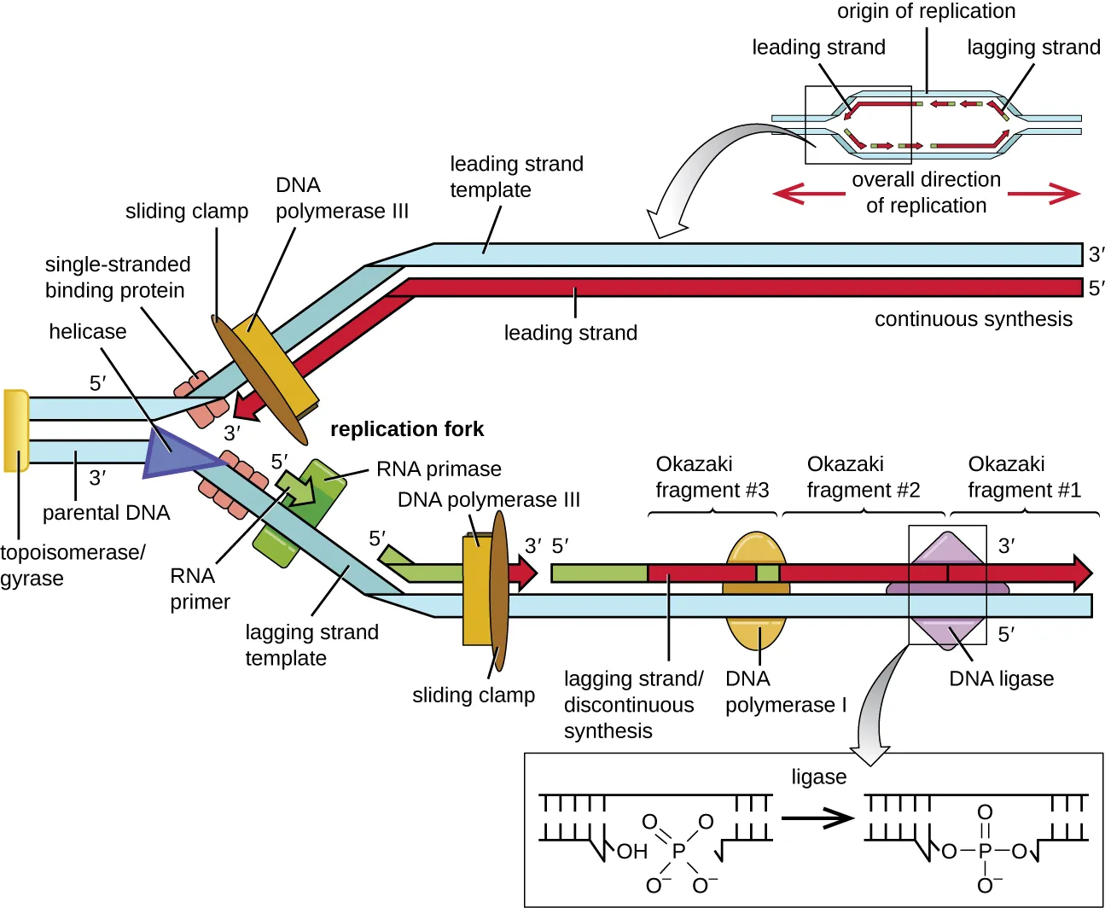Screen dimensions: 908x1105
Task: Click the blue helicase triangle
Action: pos(175,452)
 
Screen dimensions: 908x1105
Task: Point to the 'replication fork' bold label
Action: pos(407,429)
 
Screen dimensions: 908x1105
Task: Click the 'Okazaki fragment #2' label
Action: pos(863,477)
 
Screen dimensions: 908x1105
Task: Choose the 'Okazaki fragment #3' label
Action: pos(712,477)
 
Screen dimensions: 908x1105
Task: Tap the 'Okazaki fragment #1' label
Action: pos(1023,477)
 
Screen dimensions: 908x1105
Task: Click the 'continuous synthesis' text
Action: pos(973,319)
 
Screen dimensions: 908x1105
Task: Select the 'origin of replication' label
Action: pos(926,12)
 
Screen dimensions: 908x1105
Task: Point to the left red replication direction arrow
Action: pos(807,194)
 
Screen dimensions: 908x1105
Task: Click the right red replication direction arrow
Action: pos(1044,194)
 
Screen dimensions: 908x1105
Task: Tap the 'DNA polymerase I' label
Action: pos(785,692)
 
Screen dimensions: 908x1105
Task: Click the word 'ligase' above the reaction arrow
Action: pos(818,777)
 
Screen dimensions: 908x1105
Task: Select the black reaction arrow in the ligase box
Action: pos(817,818)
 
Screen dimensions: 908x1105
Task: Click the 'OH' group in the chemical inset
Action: pos(631,852)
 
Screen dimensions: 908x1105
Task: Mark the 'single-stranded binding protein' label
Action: pos(117,277)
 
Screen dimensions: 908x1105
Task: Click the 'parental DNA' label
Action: pos(107,513)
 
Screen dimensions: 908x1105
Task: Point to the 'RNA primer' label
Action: pos(199,589)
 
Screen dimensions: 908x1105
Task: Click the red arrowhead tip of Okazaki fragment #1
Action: pos(1083,573)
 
